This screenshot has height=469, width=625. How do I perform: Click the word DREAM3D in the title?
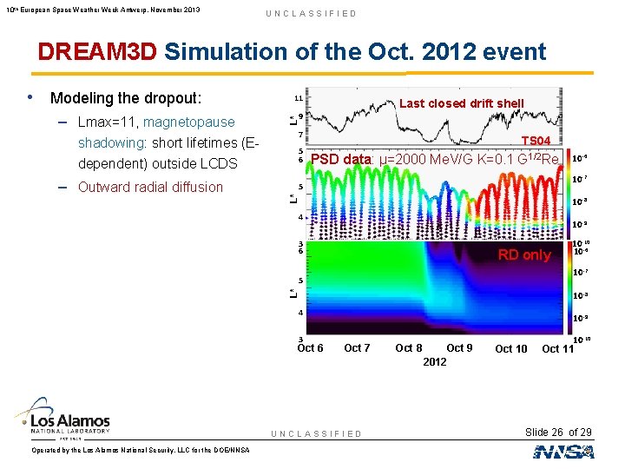click(x=97, y=51)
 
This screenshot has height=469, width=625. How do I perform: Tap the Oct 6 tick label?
click(x=310, y=348)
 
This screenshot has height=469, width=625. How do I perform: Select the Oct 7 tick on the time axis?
click(x=357, y=348)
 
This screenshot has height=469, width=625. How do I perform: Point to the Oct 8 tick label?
click(x=409, y=348)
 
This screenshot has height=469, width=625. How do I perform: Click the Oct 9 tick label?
click(x=459, y=348)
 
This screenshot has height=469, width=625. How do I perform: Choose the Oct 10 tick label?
click(x=510, y=349)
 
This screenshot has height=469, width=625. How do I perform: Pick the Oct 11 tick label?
click(x=558, y=349)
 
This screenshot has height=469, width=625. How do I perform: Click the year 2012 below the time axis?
click(x=435, y=361)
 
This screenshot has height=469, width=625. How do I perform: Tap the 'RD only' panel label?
click(x=523, y=255)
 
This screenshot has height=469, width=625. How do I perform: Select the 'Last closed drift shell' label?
click(x=461, y=103)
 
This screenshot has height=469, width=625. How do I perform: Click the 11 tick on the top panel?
click(x=297, y=98)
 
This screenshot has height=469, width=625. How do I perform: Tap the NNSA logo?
click(x=563, y=452)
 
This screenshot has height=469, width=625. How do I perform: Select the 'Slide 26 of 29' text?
click(x=558, y=433)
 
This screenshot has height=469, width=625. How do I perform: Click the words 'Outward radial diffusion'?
click(x=150, y=187)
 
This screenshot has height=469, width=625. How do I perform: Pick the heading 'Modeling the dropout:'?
click(x=126, y=97)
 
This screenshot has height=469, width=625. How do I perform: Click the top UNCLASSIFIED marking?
click(x=311, y=13)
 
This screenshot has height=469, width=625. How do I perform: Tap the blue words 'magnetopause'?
click(x=188, y=122)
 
